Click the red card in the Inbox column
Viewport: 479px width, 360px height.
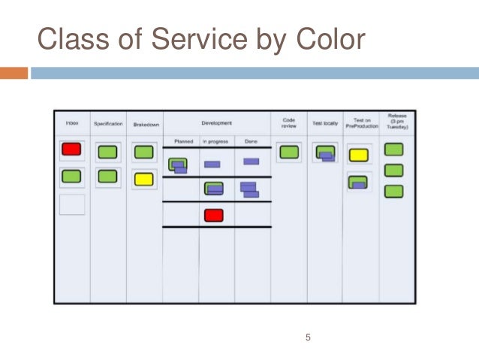point(71,150)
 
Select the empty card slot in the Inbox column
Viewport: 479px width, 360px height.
point(72,204)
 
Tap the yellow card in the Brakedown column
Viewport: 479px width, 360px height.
point(143,180)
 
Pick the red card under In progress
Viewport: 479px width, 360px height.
point(214,216)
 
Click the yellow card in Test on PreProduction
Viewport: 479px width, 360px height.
point(359,156)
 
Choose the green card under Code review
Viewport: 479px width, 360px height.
point(288,153)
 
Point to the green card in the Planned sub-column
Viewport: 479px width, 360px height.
point(178,164)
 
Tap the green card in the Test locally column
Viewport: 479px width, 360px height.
point(324,153)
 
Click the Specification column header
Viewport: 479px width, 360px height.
point(108,123)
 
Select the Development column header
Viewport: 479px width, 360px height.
point(216,123)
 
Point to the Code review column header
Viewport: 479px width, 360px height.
point(288,123)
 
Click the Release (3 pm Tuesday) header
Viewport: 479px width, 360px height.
point(397,123)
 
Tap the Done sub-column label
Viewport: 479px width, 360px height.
point(251,141)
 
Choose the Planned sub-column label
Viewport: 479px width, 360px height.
point(183,141)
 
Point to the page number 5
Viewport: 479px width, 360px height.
point(308,337)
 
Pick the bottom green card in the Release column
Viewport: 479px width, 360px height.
point(393,191)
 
